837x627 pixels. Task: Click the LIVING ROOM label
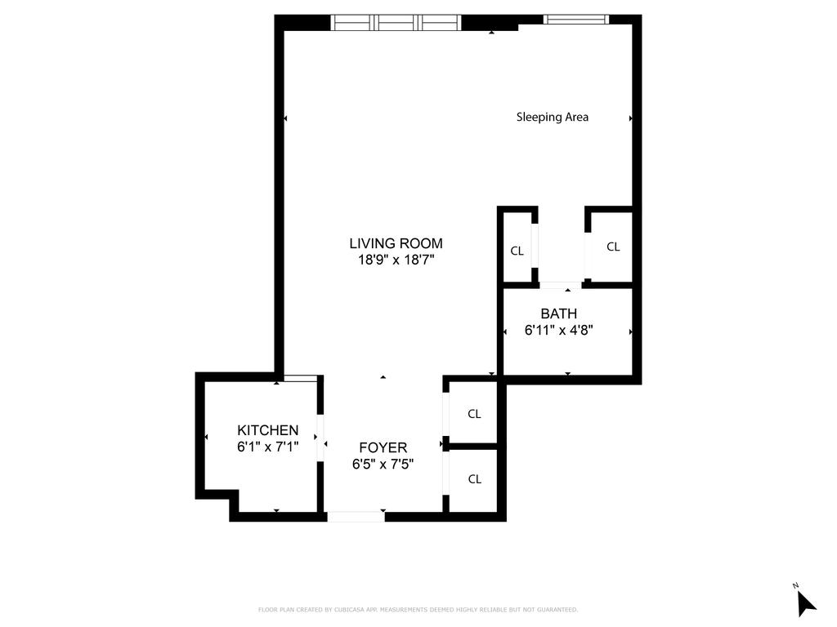[396, 243]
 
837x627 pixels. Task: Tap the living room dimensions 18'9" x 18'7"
[396, 260]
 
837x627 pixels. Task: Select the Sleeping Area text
[552, 117]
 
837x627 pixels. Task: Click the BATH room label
[558, 313]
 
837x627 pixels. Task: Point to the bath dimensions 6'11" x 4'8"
[558, 331]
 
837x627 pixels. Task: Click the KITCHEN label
[267, 430]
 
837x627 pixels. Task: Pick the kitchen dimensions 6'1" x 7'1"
[267, 447]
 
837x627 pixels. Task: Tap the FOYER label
[383, 447]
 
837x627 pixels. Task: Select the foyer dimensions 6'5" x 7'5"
[383, 465]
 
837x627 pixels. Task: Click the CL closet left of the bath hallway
[517, 251]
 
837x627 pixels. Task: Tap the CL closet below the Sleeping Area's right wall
[613, 247]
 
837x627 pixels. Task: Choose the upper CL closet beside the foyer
[474, 414]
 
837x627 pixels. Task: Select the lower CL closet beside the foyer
[474, 479]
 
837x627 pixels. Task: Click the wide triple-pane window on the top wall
[396, 22]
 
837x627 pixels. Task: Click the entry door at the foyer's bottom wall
[356, 516]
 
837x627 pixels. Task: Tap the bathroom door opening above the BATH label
[560, 285]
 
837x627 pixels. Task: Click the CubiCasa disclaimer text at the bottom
[418, 610]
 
